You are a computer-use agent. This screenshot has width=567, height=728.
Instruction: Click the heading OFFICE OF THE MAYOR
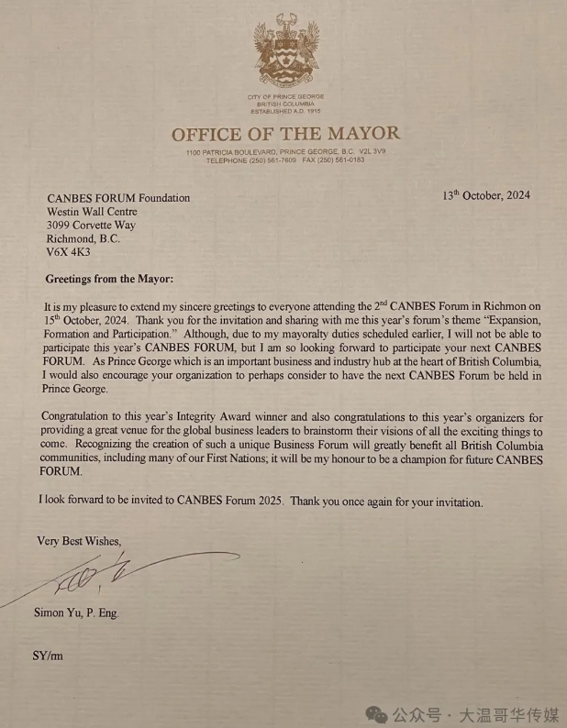pos(285,134)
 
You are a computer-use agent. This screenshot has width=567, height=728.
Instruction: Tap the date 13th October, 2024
pos(485,195)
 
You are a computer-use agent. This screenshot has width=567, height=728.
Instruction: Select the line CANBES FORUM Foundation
pos(118,197)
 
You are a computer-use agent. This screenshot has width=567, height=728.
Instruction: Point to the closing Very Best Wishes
pos(78,541)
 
